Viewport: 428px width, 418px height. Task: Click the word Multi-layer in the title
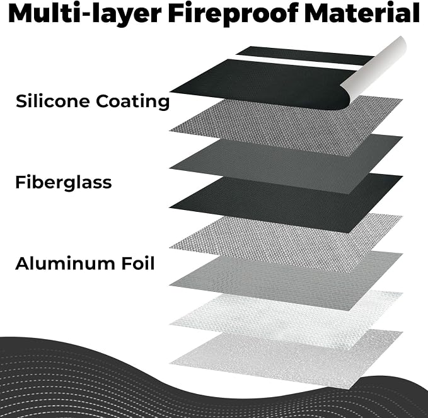(84, 13)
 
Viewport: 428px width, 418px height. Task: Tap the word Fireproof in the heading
(233, 13)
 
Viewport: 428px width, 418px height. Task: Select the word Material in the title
(362, 13)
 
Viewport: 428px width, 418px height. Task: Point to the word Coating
(132, 102)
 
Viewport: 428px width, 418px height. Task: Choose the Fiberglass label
(63, 182)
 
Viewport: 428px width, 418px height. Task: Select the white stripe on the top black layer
(298, 62)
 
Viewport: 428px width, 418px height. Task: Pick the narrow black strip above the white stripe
(304, 55)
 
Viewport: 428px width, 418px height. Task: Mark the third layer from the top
(287, 165)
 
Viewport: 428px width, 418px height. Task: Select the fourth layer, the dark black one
(287, 204)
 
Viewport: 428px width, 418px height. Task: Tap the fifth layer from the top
(287, 243)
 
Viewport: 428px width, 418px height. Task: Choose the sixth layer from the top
(287, 281)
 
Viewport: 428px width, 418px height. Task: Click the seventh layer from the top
(287, 320)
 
